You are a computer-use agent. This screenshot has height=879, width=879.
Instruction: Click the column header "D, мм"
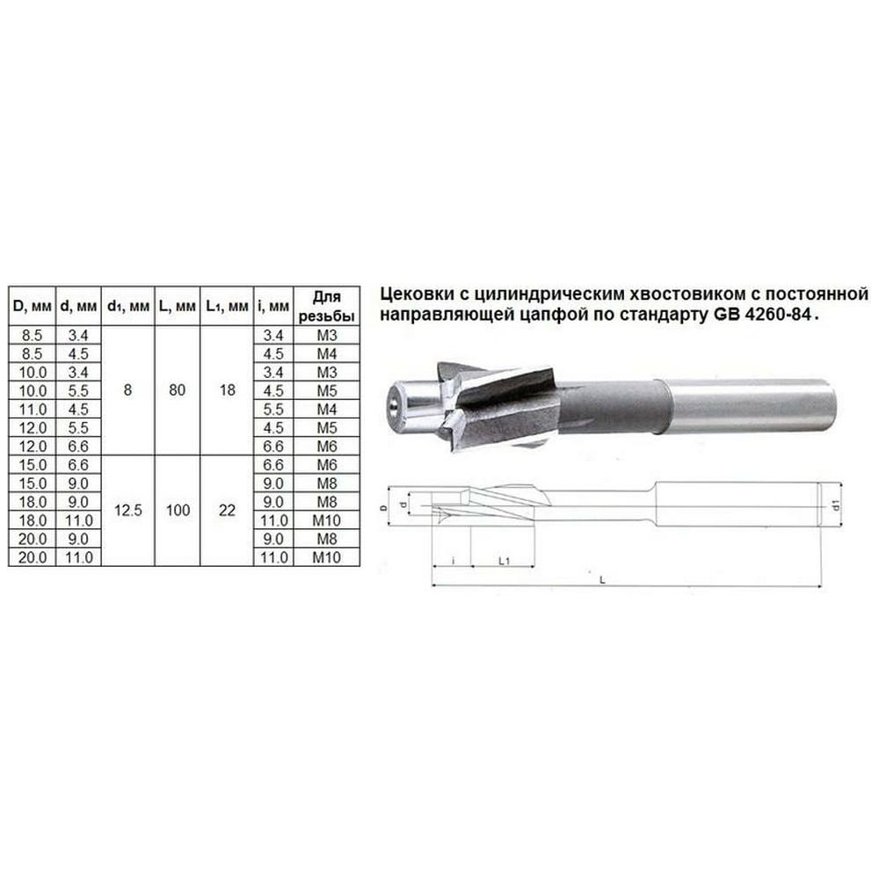(32, 306)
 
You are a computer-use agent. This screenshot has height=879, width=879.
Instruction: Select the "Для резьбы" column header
(327, 306)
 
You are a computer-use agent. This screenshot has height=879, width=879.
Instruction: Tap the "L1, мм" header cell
(227, 306)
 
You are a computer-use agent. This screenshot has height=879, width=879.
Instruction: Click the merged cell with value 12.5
(127, 511)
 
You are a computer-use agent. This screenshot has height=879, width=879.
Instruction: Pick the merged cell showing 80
(178, 390)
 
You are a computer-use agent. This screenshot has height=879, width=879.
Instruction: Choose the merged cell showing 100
(178, 511)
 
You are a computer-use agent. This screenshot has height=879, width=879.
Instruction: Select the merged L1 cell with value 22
(227, 511)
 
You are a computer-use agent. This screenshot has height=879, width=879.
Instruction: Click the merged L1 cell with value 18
(227, 390)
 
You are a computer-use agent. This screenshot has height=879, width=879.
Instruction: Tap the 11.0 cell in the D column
(33, 410)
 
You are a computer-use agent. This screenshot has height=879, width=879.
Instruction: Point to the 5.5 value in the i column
(273, 410)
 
